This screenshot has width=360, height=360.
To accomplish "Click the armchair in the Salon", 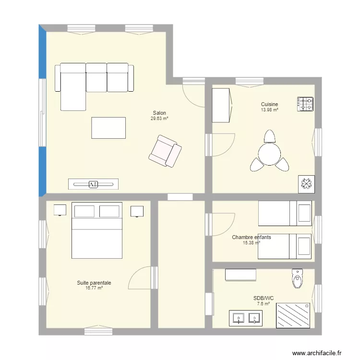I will click(165, 151).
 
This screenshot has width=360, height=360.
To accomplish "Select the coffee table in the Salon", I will click(108, 128).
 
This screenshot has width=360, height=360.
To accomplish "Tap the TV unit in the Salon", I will click(93, 183).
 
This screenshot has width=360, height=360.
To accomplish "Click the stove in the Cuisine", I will click(306, 104).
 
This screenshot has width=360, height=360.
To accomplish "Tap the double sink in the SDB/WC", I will click(245, 318).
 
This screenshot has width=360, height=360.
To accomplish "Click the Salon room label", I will click(159, 113).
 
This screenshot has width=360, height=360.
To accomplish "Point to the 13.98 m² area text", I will click(270, 110).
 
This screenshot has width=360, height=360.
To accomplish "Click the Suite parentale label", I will click(94, 283).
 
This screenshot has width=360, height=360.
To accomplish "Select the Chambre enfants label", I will click(252, 237).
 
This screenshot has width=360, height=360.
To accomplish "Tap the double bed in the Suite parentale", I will click(96, 230).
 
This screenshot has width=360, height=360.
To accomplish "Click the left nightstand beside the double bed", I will click(60, 210).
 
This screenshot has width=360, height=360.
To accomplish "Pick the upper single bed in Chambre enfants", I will click(285, 213).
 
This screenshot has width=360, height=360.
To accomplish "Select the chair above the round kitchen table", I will click(270, 136).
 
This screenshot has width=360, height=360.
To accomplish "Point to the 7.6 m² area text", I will click(263, 304).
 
